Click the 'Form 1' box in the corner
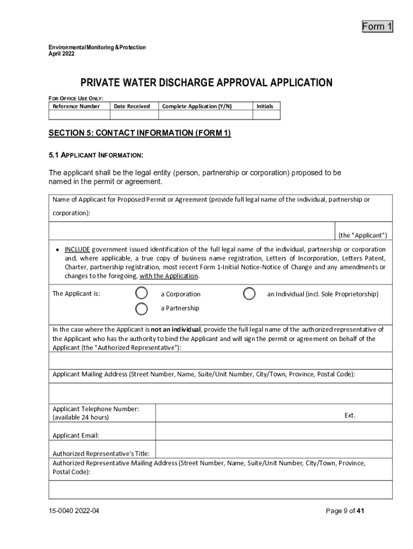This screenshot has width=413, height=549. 377,26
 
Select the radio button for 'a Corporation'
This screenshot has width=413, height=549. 142,293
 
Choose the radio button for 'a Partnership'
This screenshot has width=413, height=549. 142,308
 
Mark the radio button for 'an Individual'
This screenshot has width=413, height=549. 249,293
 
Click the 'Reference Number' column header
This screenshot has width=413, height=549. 76,106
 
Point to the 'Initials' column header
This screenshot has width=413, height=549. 265,106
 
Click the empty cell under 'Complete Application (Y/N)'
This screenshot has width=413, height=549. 205,115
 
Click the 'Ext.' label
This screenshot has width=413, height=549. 350,415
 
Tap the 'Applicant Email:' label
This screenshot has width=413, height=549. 76,435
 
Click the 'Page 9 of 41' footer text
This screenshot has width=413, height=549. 345,511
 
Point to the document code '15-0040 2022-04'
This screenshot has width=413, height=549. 73,511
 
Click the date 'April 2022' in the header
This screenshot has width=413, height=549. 60,54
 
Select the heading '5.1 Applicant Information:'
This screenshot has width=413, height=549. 95,155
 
